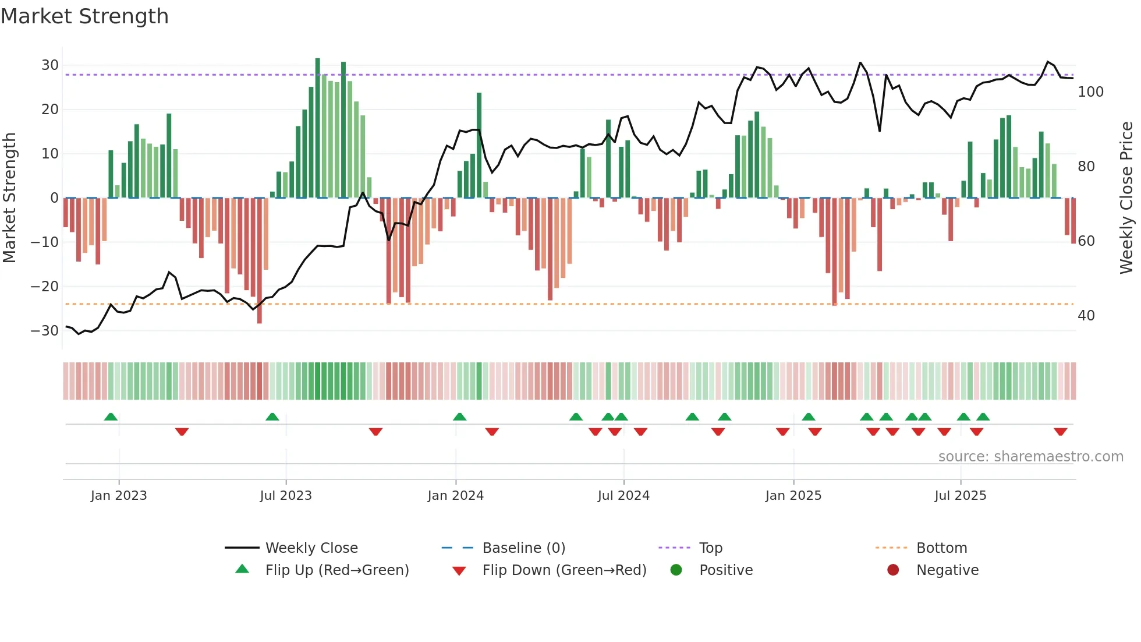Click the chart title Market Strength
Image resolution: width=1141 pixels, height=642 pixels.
pos(84,16)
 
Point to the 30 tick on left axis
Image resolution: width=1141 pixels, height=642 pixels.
pos(50,65)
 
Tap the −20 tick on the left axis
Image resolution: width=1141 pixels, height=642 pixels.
pos(45,286)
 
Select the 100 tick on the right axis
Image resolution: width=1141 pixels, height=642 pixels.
pos(1090,92)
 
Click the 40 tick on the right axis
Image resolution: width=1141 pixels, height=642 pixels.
pos(1086,316)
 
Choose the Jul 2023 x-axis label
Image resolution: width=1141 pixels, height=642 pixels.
pos(286,496)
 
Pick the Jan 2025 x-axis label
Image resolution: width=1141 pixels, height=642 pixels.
pos(793,496)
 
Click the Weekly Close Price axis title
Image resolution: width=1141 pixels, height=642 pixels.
pos(1126,198)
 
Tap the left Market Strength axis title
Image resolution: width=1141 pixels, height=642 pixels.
pos(10,198)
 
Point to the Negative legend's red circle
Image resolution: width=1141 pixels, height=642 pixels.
pos(893,570)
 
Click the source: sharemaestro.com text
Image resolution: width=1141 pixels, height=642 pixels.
pos(1030,457)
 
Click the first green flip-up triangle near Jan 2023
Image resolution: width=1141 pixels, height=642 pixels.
pos(111,417)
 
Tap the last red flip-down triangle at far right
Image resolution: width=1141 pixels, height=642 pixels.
pos(1060,432)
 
